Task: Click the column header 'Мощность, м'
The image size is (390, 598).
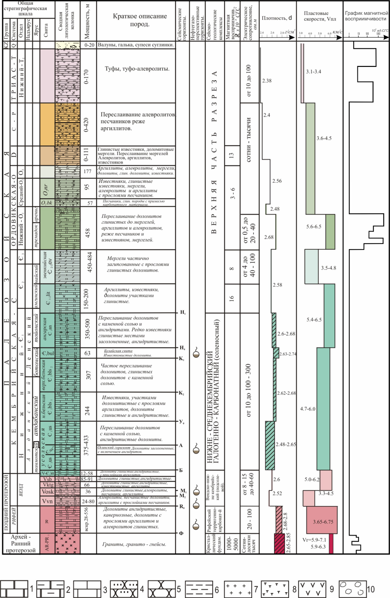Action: (87, 21)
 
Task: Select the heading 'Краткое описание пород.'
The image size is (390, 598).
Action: (140, 20)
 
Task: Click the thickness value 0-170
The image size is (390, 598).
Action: (87, 77)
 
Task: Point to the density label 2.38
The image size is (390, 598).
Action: (267, 81)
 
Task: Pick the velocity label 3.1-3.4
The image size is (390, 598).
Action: (313, 72)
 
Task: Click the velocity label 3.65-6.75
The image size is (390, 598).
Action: (323, 522)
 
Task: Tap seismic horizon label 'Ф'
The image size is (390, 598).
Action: (181, 533)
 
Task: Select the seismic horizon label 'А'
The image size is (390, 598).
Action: (181, 445)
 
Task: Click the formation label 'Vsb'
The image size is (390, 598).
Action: (47, 479)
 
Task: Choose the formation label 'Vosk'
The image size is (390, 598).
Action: (47, 492)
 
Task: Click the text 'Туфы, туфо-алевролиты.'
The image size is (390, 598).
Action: (137, 69)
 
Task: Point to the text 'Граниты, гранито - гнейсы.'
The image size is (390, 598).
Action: (134, 544)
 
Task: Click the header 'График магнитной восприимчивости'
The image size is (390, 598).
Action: (366, 16)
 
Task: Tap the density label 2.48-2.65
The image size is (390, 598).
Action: (286, 444)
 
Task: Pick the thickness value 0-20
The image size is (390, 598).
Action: (89, 45)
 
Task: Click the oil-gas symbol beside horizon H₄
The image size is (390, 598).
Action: (196, 353)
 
